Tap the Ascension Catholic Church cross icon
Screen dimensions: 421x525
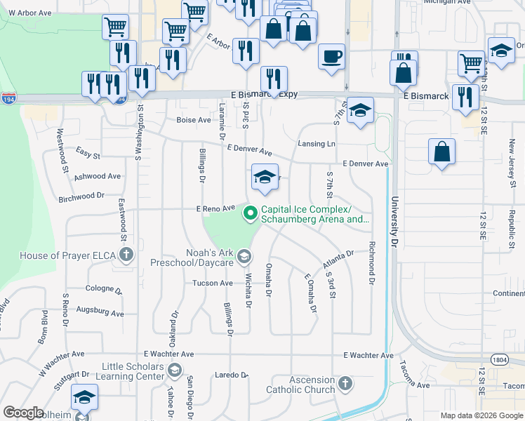(x=344, y=384)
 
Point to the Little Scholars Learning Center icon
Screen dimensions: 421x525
(x=175, y=370)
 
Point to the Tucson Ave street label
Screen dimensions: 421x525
(x=213, y=283)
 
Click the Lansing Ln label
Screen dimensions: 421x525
(x=316, y=143)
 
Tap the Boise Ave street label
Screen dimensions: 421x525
(x=194, y=120)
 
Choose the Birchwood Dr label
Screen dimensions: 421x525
(x=81, y=197)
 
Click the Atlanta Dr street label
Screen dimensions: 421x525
(x=338, y=253)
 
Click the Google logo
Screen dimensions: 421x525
(x=23, y=413)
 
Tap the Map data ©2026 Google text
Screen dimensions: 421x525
(x=481, y=415)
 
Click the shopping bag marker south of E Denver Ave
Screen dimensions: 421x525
(x=441, y=152)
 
